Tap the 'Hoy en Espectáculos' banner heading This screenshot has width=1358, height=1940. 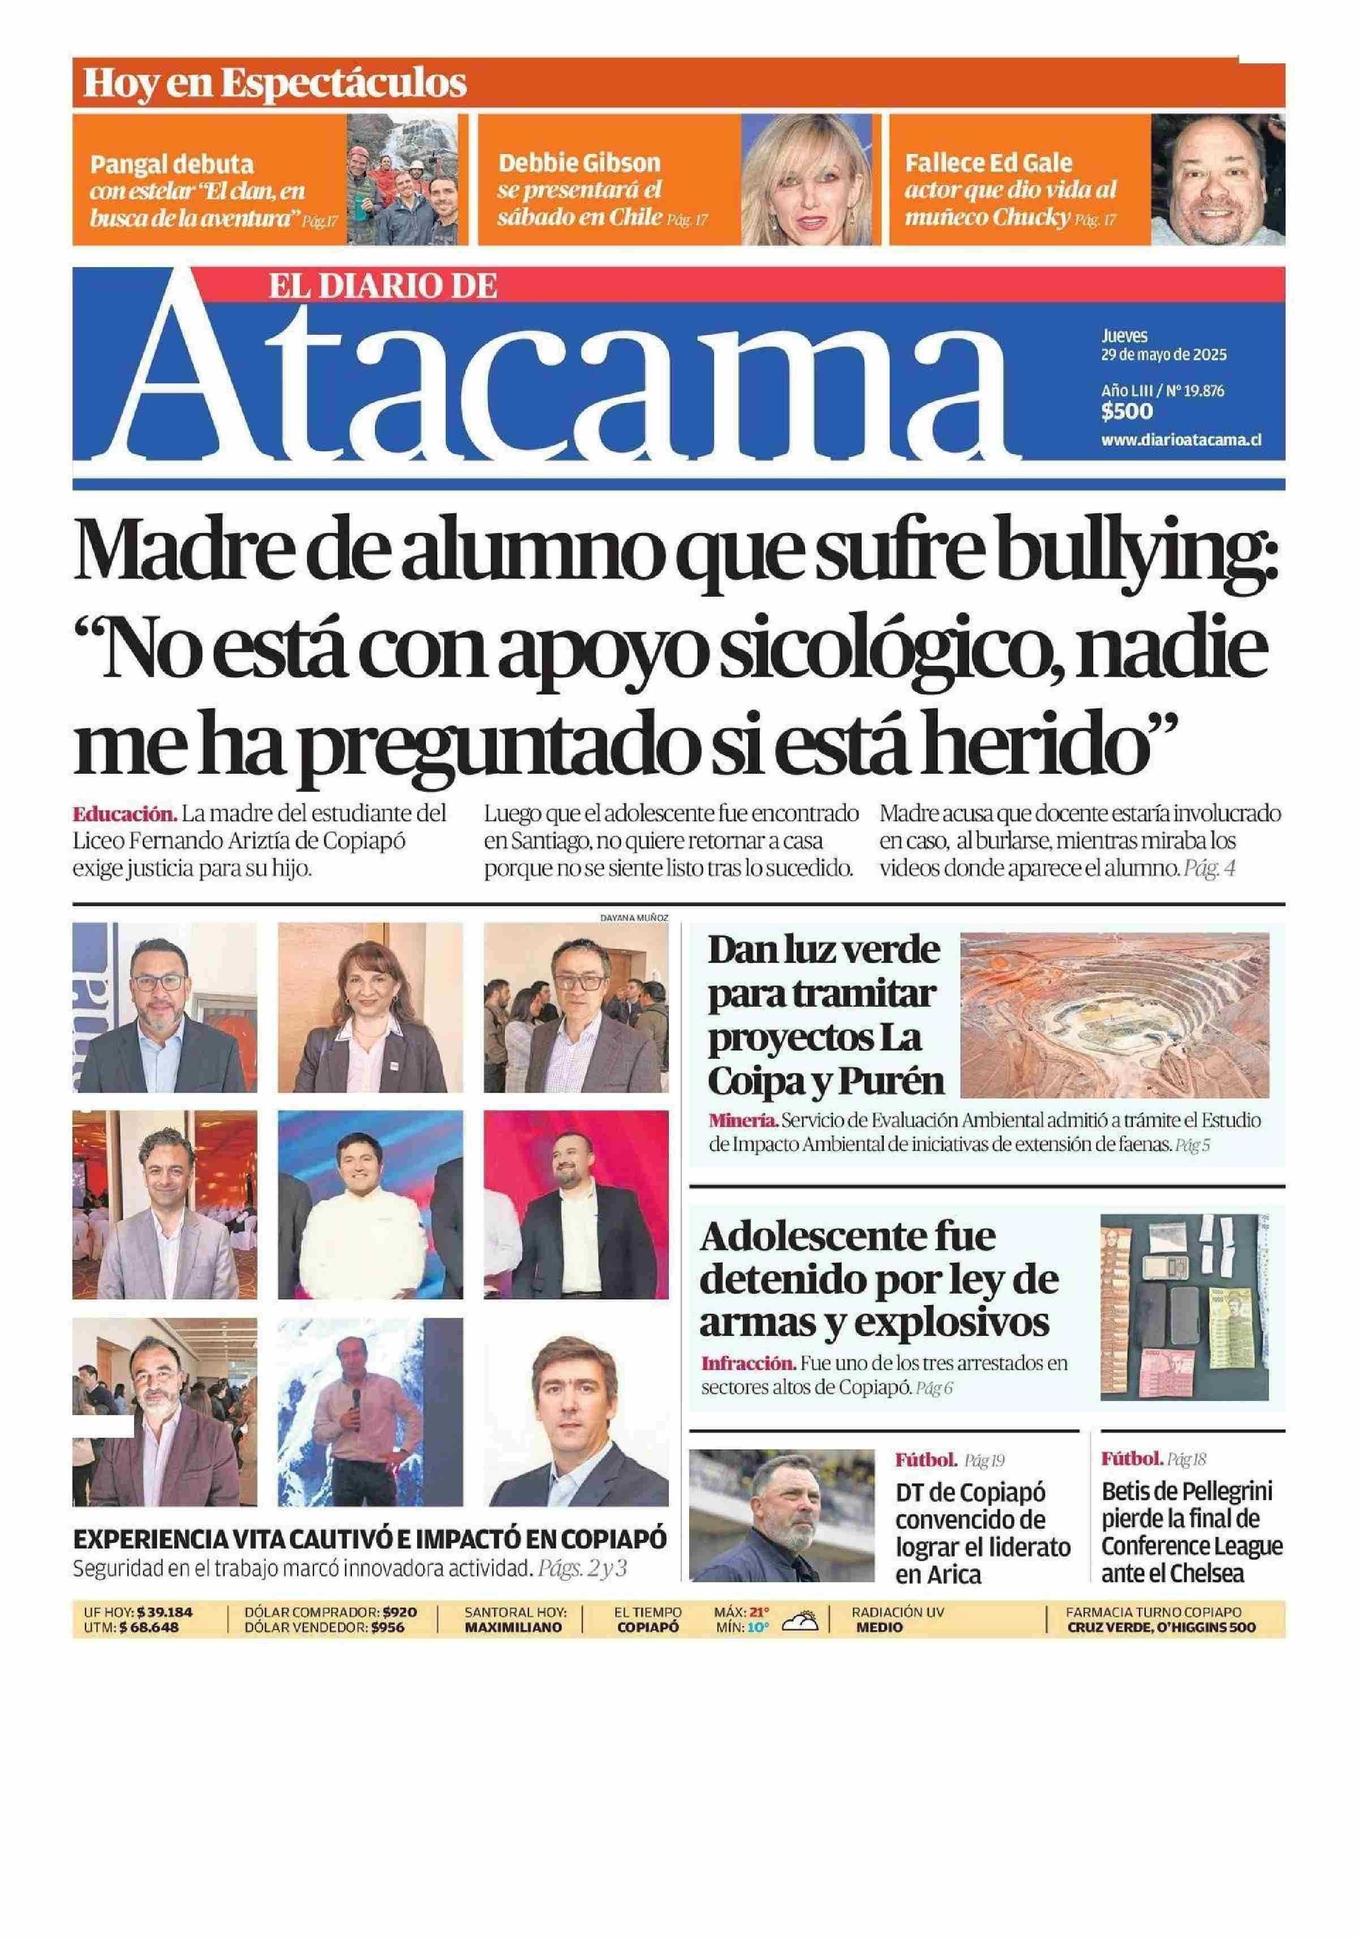274,83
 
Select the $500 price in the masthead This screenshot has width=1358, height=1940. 1127,412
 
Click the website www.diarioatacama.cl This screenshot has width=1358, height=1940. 1180,440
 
